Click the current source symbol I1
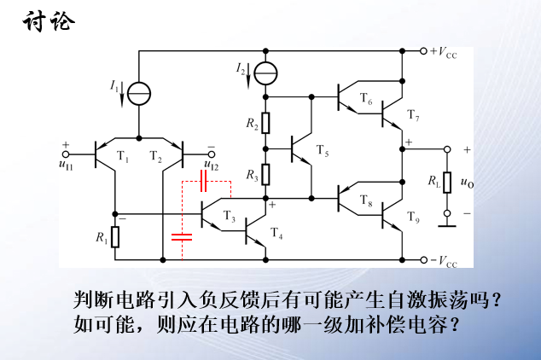(x=138, y=90)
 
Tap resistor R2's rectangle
(x=265, y=124)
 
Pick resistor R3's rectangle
(x=265, y=175)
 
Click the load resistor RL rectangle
(x=446, y=180)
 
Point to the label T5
(x=322, y=151)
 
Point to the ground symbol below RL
(x=446, y=224)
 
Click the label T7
(x=413, y=115)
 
